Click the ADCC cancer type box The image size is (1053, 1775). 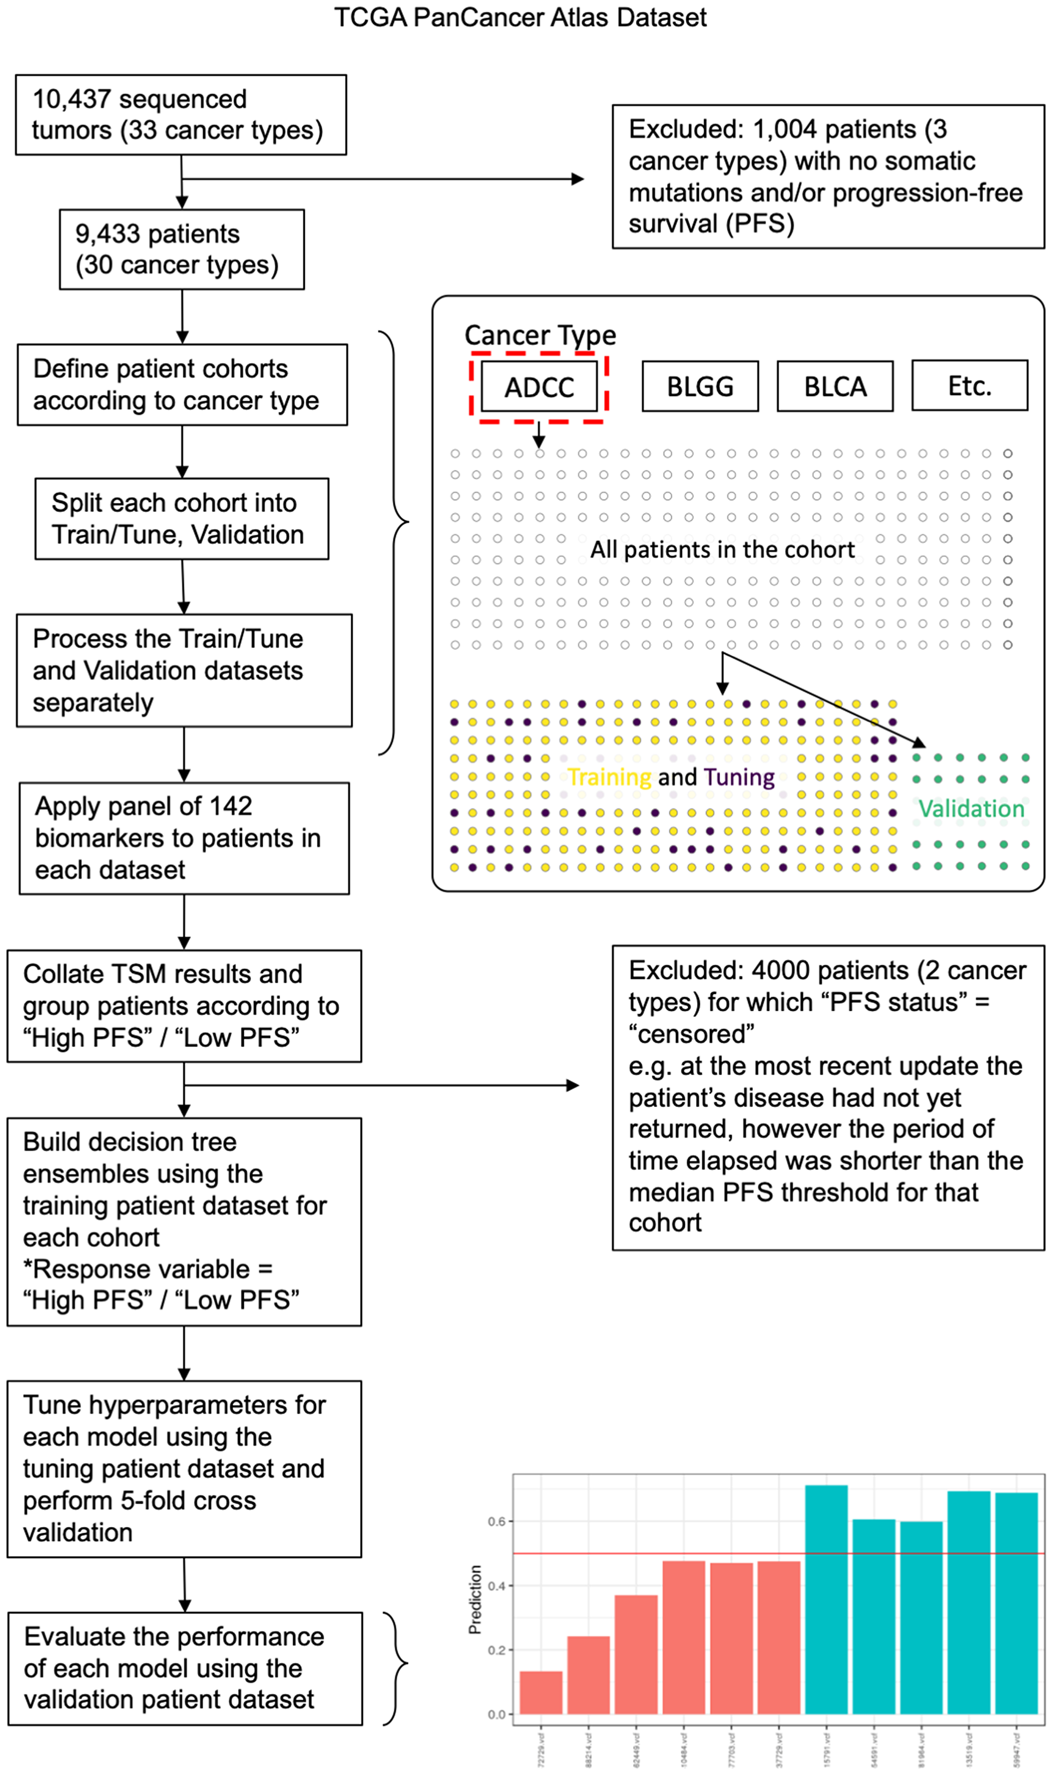[x=539, y=387]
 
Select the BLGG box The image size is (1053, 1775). [x=700, y=387]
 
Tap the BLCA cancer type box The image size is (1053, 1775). [x=835, y=387]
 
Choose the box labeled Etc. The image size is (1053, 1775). [x=969, y=386]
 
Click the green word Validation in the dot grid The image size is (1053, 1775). [x=971, y=808]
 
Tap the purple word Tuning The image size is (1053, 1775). [x=739, y=777]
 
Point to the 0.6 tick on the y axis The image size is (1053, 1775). [x=496, y=1522]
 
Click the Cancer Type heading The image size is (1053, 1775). [x=540, y=335]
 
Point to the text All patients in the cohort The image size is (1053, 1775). [x=722, y=549]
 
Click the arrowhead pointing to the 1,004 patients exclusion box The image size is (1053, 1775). [x=578, y=179]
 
